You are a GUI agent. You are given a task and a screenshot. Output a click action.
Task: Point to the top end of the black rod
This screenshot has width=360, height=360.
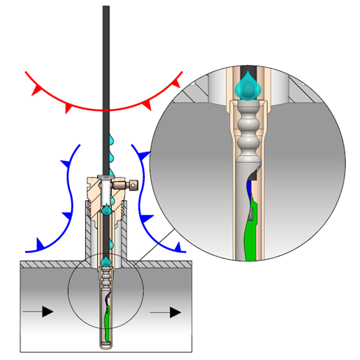(106, 8)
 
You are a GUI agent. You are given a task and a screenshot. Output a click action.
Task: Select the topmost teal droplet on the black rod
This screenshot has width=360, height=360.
(111, 138)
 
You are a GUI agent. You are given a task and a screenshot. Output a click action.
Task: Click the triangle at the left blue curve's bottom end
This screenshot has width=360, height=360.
(40, 244)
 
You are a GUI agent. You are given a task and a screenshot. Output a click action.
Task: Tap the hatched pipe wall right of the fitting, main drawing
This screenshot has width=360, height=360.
(163, 264)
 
